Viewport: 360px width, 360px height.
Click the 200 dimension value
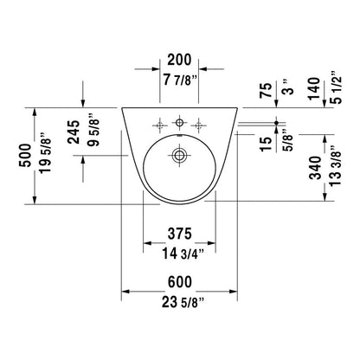pyautogui.click(x=179, y=60)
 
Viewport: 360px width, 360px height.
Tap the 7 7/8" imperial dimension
pyautogui.click(x=180, y=80)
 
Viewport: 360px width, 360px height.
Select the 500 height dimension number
pyautogui.click(x=25, y=155)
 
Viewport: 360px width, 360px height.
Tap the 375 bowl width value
pyautogui.click(x=180, y=234)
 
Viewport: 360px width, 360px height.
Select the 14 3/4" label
pyautogui.click(x=183, y=254)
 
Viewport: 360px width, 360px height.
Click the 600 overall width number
pyautogui.click(x=180, y=282)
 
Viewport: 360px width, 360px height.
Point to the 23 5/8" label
pyautogui.click(x=183, y=302)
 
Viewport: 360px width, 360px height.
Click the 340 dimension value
pyautogui.click(x=315, y=168)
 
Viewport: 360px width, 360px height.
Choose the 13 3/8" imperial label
pyautogui.click(x=336, y=165)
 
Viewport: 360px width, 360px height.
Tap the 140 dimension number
pyautogui.click(x=314, y=88)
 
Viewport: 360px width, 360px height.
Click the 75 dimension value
pyautogui.click(x=266, y=90)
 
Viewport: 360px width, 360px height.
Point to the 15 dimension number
pyautogui.click(x=266, y=144)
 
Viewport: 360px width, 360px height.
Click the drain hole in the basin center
pyautogui.click(x=179, y=155)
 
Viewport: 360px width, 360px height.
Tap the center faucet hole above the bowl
pyautogui.click(x=179, y=123)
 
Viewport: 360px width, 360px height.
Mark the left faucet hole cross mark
pyautogui.click(x=160, y=125)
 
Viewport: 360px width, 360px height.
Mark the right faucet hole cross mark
pyautogui.click(x=198, y=125)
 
